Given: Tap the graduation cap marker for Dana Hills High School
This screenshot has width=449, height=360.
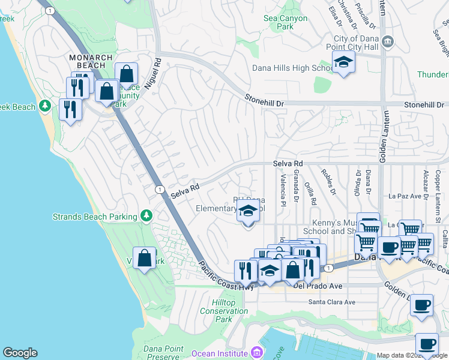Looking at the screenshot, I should pyautogui.click(x=343, y=62).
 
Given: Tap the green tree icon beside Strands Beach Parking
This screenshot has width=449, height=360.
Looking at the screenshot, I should pyautogui.click(x=145, y=215).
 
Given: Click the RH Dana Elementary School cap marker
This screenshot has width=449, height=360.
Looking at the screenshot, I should pyautogui.click(x=248, y=212).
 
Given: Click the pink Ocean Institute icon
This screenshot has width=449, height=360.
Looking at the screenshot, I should pyautogui.click(x=257, y=352).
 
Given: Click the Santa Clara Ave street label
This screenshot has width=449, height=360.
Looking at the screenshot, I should pyautogui.click(x=332, y=302).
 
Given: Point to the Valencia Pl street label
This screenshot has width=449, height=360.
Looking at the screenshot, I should pyautogui.click(x=282, y=187).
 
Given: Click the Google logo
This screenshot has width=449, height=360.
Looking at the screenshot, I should pyautogui.click(x=20, y=353).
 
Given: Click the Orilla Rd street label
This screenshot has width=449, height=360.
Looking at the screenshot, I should pyautogui.click(x=310, y=193).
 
